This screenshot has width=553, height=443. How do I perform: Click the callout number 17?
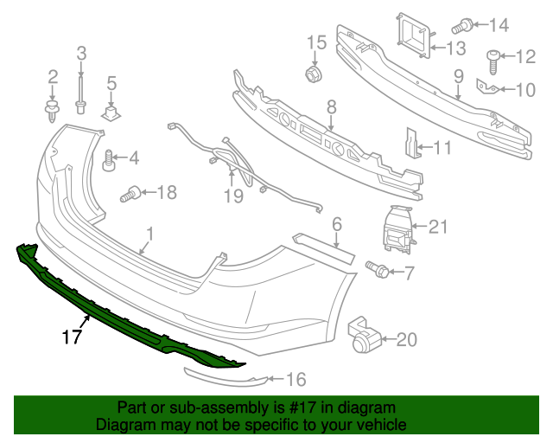pyautogui.click(x=72, y=336)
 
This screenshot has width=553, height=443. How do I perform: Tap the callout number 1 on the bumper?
pyautogui.click(x=149, y=234)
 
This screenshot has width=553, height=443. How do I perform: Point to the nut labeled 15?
pyautogui.click(x=314, y=74)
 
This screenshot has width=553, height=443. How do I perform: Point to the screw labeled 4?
pyautogui.click(x=110, y=160)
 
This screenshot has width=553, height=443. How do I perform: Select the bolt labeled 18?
pyautogui.click(x=133, y=195)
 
